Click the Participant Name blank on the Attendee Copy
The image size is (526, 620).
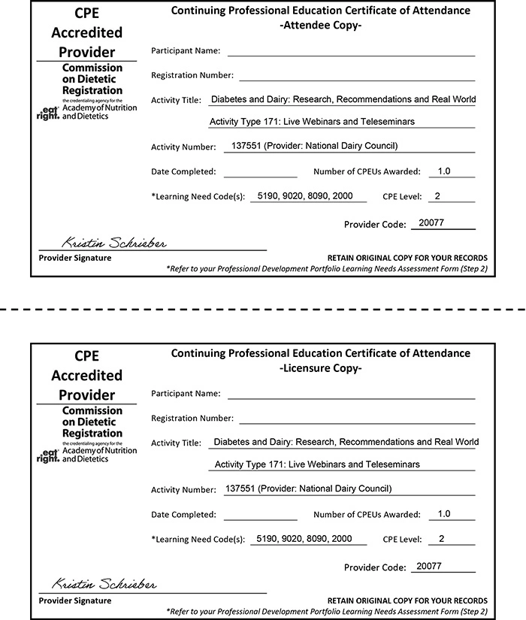[351, 53]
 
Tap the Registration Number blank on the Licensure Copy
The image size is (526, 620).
[357, 419]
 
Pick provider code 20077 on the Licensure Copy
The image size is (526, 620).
[429, 566]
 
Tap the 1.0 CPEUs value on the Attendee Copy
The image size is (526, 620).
[443, 171]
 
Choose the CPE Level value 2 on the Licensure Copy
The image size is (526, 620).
[442, 539]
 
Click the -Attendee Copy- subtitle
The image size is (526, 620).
[321, 26]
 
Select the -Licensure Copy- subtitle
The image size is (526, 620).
[321, 368]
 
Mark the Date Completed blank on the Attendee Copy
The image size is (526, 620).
[261, 174]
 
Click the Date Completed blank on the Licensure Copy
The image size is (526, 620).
[261, 517]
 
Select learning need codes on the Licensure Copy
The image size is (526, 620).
[304, 539]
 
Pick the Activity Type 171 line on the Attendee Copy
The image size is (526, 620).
[312, 122]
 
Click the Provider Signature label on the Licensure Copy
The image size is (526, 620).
[75, 600]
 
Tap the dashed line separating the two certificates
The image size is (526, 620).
[263, 310]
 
